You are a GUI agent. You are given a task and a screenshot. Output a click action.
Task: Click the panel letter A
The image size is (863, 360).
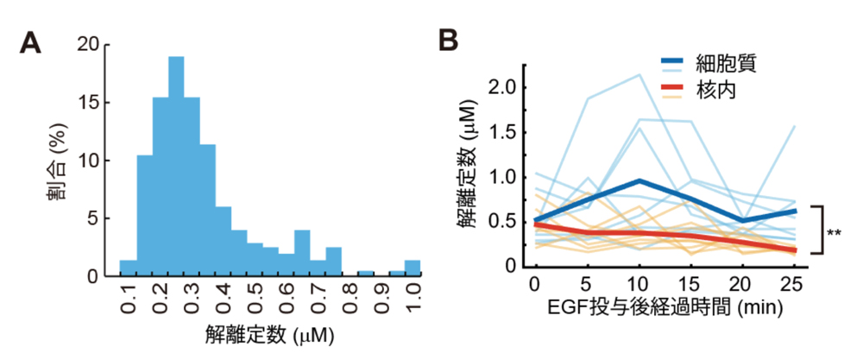coord(31,41)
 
